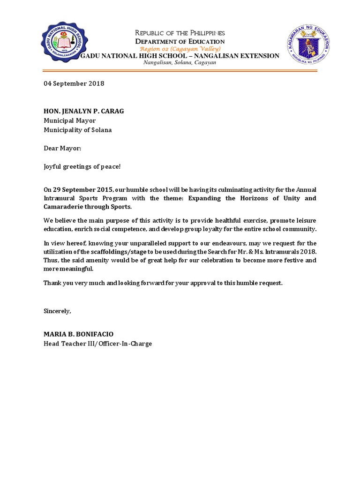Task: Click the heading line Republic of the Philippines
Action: point(180,33)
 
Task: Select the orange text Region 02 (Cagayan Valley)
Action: point(180,49)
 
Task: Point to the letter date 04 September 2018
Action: point(74,83)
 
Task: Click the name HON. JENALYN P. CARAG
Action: point(84,111)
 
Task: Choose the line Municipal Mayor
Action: point(69,120)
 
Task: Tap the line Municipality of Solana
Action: point(78,130)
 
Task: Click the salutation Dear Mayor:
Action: point(62,148)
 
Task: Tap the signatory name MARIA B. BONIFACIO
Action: point(78,334)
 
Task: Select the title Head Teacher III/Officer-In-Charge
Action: point(97,344)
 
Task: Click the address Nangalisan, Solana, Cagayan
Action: point(180,62)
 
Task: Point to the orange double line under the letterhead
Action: point(180,71)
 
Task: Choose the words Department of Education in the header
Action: point(180,41)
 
